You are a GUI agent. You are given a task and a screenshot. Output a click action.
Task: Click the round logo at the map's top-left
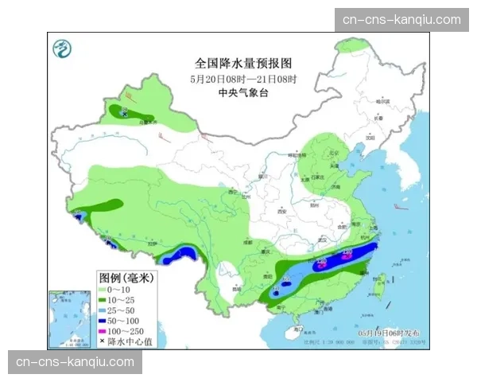point(62,49)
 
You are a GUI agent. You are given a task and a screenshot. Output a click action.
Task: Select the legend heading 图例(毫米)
point(126,278)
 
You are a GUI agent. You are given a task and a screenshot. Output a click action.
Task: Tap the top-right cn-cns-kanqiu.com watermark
point(401,20)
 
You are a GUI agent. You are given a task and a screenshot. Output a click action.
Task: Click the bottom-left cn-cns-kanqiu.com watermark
point(76,362)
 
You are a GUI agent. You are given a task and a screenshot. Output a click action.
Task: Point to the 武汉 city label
point(322,239)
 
